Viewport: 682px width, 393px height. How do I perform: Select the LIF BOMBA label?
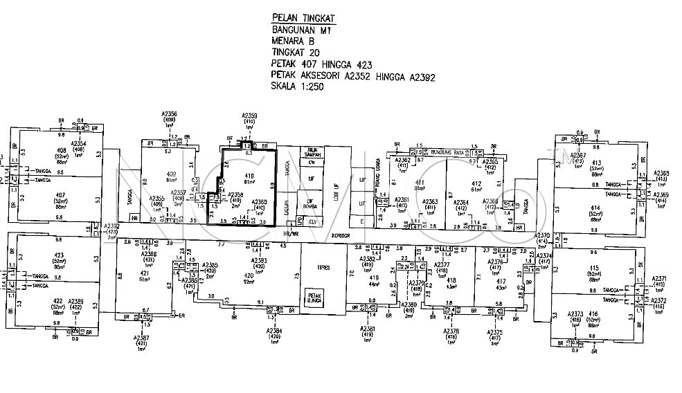(311, 205)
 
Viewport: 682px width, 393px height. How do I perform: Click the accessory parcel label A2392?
(111, 226)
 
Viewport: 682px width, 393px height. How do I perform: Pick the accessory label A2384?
(274, 331)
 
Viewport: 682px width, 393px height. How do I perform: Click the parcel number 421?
(145, 274)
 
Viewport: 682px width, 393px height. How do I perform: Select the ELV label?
(313, 221)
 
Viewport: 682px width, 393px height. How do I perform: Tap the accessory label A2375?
(494, 332)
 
